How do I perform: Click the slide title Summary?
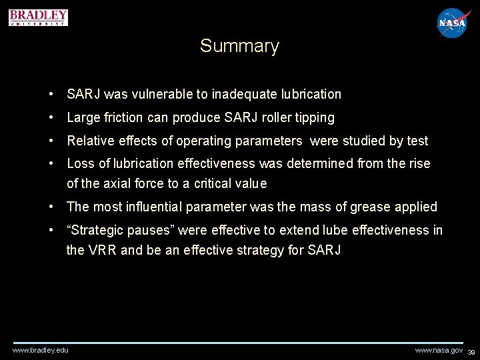pyautogui.click(x=239, y=46)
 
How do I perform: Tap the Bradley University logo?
pyautogui.click(x=39, y=17)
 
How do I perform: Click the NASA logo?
pyautogui.click(x=452, y=23)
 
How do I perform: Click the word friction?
pyautogui.click(x=122, y=117)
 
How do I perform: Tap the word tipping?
pyautogui.click(x=315, y=117)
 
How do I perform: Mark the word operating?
pyautogui.click(x=201, y=141)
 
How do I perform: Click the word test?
pyautogui.click(x=417, y=141)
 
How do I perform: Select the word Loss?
pyautogui.click(x=81, y=163)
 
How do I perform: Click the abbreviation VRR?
pyautogui.click(x=103, y=250)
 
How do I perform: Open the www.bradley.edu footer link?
pyautogui.click(x=40, y=350)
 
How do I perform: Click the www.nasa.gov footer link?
pyautogui.click(x=439, y=350)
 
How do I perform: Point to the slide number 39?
pyautogui.click(x=471, y=351)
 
